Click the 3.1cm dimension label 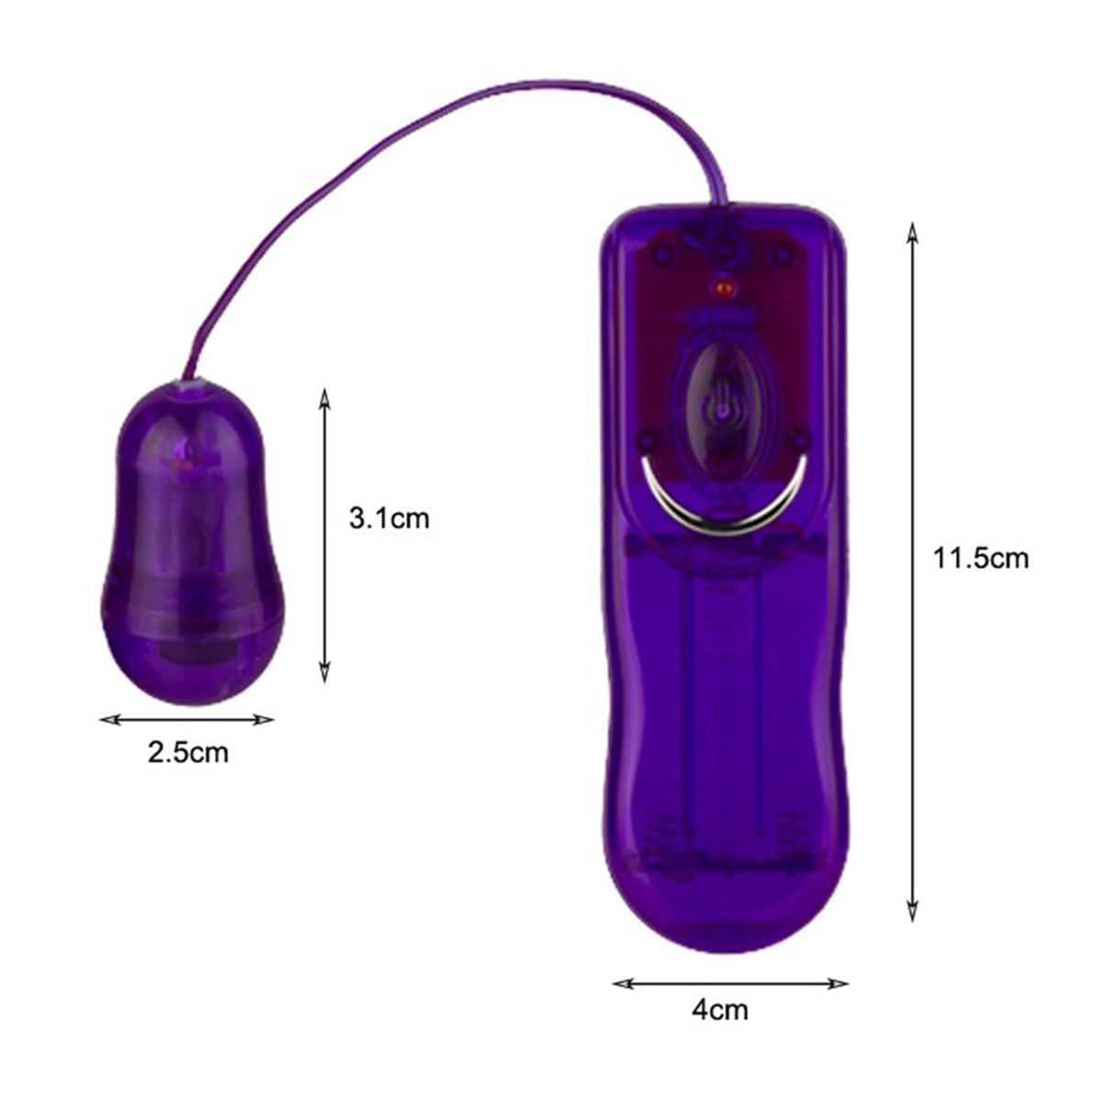(388, 518)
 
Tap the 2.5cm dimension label (188, 752)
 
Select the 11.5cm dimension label (981, 558)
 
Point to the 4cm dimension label (720, 1010)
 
